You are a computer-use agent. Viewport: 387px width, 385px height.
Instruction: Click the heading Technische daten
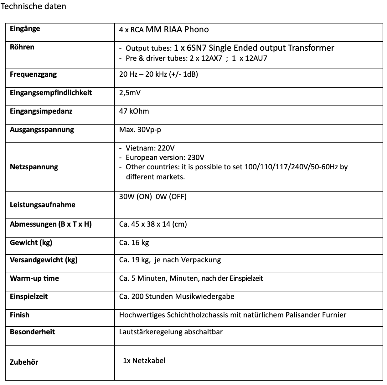tap(34, 6)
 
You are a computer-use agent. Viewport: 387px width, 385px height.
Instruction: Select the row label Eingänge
tap(25, 29)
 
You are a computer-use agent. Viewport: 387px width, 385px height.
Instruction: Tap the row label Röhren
tap(22, 47)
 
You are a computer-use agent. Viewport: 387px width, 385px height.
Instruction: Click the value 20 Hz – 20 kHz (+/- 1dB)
tap(158, 74)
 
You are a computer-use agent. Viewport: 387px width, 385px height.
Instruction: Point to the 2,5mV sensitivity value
tap(130, 93)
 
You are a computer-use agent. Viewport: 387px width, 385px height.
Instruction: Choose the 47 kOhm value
tap(134, 111)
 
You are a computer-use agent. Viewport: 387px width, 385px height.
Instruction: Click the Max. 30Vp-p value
tap(140, 130)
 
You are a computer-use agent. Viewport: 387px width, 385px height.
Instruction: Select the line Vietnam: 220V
tap(150, 148)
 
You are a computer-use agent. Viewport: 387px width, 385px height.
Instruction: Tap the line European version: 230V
tap(165, 157)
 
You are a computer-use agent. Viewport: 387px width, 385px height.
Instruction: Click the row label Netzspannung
tap(34, 167)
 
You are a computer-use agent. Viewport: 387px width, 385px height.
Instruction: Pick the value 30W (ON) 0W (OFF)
tap(153, 197)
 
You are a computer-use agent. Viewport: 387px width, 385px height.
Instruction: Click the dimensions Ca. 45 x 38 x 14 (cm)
tap(153, 224)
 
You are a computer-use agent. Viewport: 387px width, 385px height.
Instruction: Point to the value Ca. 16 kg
tap(134, 243)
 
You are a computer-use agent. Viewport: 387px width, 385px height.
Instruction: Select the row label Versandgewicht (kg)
tap(44, 260)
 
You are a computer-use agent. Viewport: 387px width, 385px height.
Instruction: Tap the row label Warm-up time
tap(34, 278)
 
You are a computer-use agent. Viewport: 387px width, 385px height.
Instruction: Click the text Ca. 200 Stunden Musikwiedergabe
tap(177, 296)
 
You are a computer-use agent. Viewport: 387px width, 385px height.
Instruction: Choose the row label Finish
tap(20, 315)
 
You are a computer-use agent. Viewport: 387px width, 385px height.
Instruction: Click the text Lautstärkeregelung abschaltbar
tap(171, 332)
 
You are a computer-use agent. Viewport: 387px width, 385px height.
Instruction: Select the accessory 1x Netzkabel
tap(144, 361)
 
